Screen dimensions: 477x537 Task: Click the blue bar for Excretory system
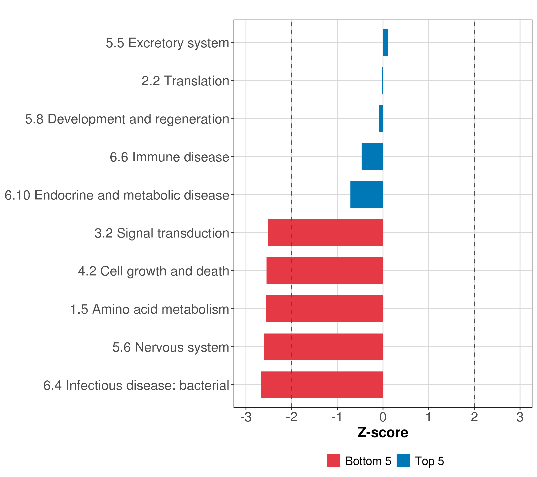385,43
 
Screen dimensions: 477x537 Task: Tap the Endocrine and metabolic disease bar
367,195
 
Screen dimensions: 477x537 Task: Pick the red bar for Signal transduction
325,233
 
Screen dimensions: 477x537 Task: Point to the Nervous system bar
323,347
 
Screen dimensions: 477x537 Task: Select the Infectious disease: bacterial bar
322,385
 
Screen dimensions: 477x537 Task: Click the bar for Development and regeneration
381,118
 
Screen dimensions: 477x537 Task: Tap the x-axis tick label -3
246,417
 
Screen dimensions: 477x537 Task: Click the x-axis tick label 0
383,417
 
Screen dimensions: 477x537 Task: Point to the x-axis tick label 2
474,417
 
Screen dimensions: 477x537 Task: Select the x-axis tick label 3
520,417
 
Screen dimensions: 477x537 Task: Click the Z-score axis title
383,433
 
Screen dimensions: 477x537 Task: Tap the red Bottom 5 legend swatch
333,461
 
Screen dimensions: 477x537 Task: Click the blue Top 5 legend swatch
403,461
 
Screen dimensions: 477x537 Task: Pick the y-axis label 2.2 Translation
185,81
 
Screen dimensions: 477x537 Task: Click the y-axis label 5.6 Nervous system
171,347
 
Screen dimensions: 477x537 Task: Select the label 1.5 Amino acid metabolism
150,309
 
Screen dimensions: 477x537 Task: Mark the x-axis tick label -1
337,417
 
